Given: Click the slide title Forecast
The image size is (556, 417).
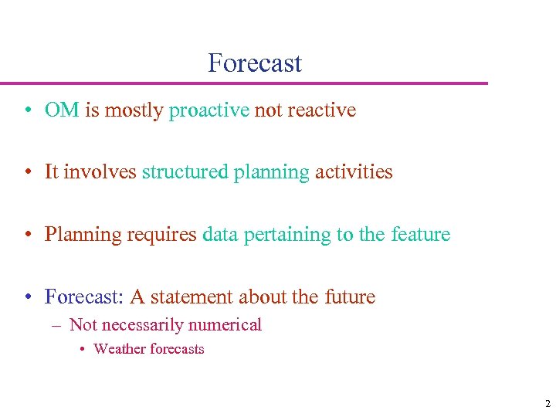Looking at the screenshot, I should click(255, 63).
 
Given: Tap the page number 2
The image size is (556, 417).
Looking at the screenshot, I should click(548, 404).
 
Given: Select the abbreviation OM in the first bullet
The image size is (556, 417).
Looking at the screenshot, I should click(62, 110).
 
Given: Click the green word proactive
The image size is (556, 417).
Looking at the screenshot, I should click(209, 111).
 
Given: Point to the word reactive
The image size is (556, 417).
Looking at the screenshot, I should click(321, 110).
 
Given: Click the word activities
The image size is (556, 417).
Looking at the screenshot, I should click(354, 172).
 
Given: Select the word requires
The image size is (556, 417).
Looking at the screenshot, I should click(161, 235).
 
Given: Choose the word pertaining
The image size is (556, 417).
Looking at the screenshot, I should click(287, 235).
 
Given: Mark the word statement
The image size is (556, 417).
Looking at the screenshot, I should click(192, 297).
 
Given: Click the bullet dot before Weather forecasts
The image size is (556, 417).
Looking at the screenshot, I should click(83, 350).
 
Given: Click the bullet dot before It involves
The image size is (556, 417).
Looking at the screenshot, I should click(27, 173).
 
